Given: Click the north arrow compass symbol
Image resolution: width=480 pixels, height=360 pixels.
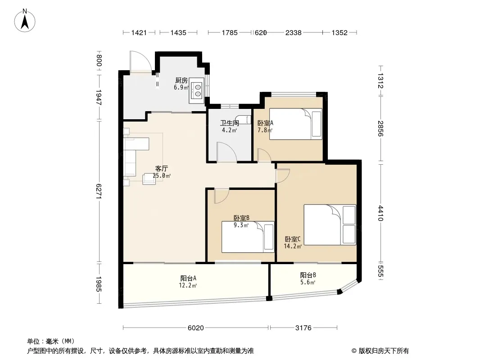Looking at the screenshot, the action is [25, 21].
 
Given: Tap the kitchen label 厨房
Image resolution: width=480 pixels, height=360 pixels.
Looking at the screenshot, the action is [181, 81].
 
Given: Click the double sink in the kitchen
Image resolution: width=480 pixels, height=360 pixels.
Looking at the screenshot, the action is [196, 90].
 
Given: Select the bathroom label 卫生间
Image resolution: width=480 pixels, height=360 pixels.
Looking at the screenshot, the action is [229, 123].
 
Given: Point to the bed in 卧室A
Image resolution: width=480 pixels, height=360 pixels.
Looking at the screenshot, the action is [296, 124].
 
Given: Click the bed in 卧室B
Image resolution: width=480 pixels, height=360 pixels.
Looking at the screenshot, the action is [248, 237].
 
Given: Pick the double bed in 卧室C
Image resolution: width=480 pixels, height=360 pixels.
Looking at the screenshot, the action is [330, 225].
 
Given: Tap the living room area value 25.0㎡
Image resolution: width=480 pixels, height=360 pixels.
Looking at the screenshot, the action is [162, 176].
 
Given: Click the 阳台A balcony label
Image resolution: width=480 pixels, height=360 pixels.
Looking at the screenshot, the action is [188, 279].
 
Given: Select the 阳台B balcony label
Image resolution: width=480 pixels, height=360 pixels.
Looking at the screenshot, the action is [308, 275].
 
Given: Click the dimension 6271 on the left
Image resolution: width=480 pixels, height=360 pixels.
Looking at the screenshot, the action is [99, 191].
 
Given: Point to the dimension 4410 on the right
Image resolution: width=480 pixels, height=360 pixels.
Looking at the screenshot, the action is [380, 213].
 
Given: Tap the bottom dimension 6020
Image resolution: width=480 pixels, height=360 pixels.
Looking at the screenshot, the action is [195, 328].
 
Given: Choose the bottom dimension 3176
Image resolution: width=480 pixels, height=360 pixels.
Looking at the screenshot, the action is [303, 328].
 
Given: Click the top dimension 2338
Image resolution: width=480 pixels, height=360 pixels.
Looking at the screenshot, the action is [293, 32].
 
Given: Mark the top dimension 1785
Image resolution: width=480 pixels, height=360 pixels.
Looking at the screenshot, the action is [230, 32].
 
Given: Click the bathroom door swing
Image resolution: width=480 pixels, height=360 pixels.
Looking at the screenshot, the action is [226, 151].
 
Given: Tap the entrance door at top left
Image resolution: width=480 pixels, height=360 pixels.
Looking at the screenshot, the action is [140, 62].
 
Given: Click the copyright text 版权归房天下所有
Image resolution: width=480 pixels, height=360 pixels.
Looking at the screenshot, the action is [384, 351].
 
